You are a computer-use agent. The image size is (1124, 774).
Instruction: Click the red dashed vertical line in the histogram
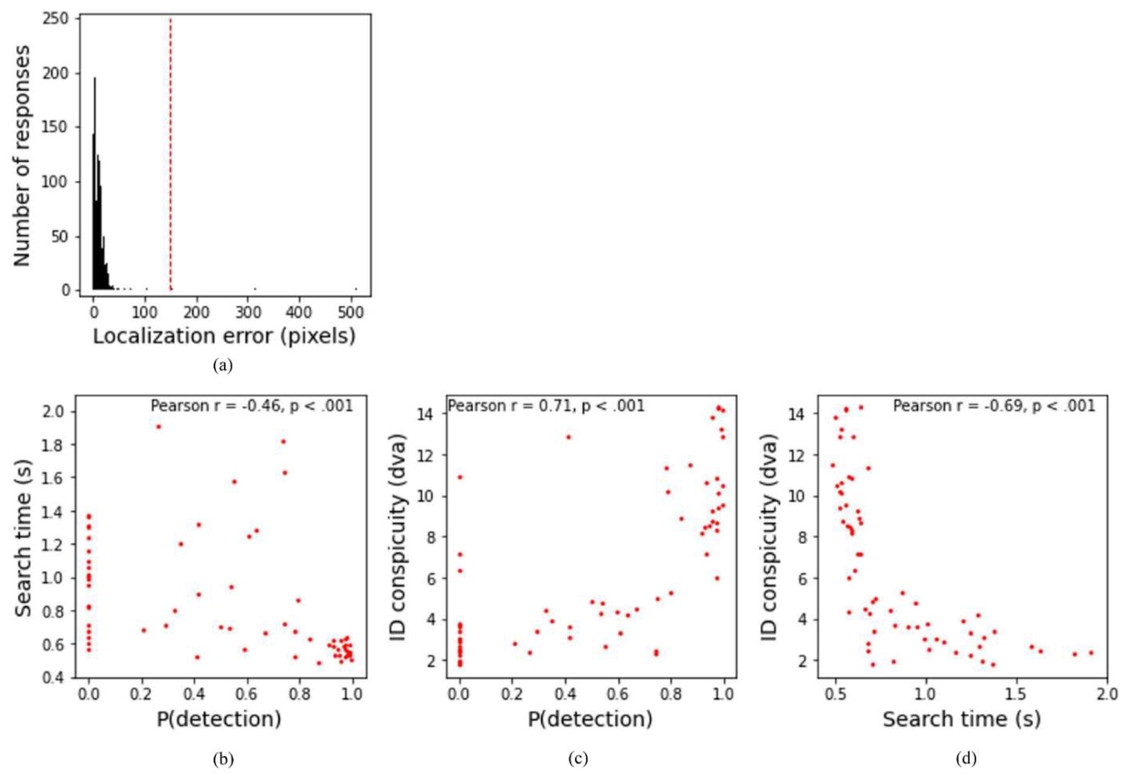pyautogui.click(x=170, y=155)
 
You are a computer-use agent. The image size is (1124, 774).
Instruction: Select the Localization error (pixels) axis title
pyautogui.click(x=224, y=336)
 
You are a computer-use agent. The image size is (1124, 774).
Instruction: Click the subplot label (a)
pyautogui.click(x=223, y=366)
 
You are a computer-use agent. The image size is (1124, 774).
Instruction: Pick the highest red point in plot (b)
pyautogui.click(x=159, y=427)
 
